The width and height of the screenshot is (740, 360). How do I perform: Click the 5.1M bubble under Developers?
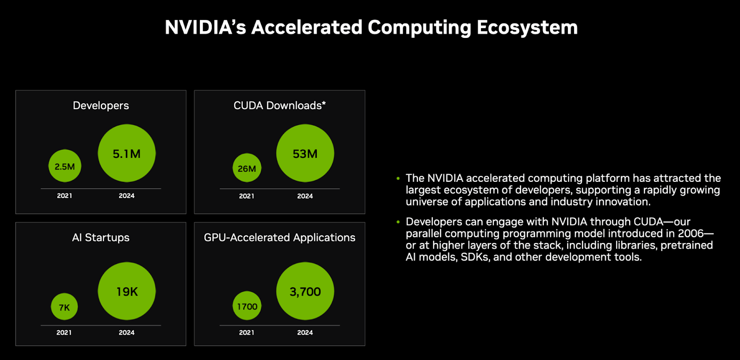(127, 153)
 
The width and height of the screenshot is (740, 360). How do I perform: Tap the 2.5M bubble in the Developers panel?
(65, 166)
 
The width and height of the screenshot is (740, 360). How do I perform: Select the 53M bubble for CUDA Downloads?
(305, 153)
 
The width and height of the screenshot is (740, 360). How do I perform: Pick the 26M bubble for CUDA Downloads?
(247, 168)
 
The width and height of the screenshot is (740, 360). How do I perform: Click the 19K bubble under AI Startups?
(127, 291)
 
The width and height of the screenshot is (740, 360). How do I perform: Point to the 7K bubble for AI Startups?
(64, 307)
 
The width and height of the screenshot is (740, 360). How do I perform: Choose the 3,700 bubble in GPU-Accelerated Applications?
(305, 291)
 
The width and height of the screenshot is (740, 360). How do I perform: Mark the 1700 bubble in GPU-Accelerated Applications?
(247, 306)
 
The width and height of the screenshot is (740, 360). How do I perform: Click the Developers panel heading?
(101, 106)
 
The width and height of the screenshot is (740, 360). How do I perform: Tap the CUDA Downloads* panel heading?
(279, 106)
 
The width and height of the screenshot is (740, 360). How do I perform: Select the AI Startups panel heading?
(101, 237)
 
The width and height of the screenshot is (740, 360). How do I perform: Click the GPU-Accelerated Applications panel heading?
(279, 237)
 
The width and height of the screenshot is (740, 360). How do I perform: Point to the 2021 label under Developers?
(64, 196)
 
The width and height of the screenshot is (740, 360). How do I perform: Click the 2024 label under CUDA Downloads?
(305, 196)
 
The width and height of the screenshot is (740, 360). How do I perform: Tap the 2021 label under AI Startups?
(64, 333)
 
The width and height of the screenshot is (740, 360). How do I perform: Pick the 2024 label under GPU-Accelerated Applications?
(305, 333)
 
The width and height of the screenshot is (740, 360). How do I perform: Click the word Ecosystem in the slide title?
(527, 28)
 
